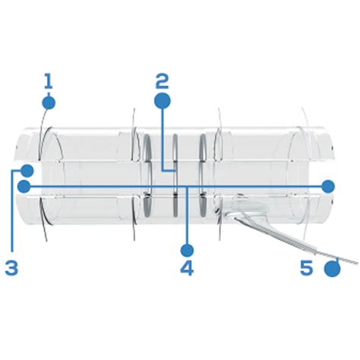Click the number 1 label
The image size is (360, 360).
(47, 81)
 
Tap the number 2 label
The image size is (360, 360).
(161, 81)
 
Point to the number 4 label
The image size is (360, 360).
(187, 267)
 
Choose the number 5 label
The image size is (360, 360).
(306, 267)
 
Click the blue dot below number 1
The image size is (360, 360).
(49, 102)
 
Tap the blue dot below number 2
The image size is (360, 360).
(162, 101)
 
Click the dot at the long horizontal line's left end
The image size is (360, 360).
(24, 185)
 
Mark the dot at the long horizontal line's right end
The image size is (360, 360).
(328, 185)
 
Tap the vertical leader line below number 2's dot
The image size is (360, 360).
(162, 137)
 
